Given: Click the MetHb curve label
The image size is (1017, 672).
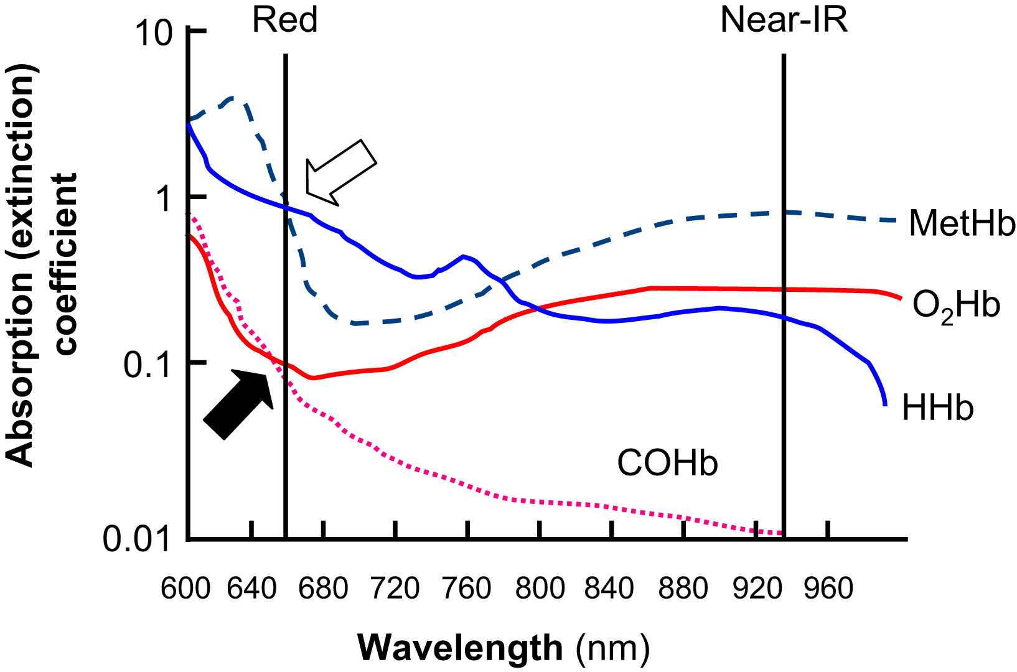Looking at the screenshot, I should [x=962, y=223].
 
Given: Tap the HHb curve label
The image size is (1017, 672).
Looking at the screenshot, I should [x=937, y=409].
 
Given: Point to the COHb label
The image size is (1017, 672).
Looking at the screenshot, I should [x=667, y=464].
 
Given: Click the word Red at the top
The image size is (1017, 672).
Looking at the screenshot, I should [x=284, y=20].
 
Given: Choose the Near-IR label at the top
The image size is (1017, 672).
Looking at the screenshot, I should [x=784, y=20].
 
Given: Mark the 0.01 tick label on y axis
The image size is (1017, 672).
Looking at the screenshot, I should [x=137, y=539].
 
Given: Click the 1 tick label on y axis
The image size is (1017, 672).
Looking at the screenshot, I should [x=164, y=198].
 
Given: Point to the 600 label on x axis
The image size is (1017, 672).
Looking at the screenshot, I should [x=185, y=588].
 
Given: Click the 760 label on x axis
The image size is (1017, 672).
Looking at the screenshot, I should [x=466, y=588].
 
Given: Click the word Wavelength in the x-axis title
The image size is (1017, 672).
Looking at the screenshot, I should [x=460, y=648].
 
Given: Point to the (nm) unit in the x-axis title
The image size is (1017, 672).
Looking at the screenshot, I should [x=612, y=649].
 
